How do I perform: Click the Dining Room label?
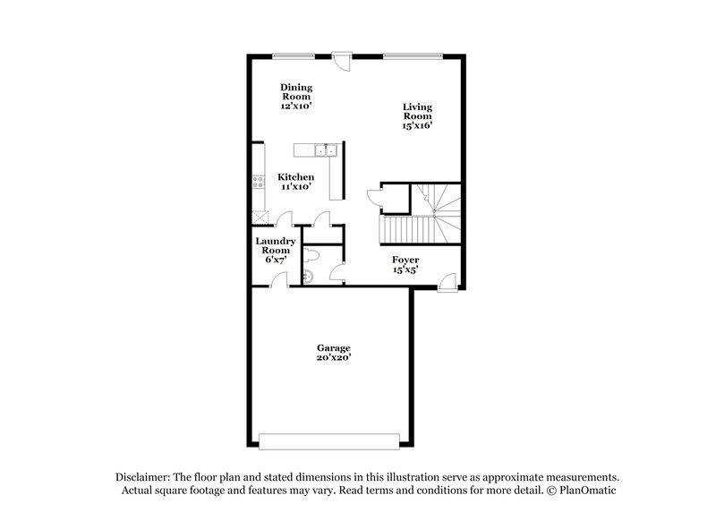[x=296, y=96]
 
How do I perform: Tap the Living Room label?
[x=417, y=116]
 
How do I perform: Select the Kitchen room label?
[x=295, y=183]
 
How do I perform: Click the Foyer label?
[x=405, y=265]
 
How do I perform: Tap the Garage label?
[x=333, y=353]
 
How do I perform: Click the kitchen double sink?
[x=329, y=149]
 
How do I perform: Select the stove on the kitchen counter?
[x=258, y=183]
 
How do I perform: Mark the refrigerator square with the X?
[x=260, y=216]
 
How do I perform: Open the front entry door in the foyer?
[x=445, y=281]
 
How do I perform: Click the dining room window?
[x=293, y=56]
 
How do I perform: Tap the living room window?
[x=413, y=56]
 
